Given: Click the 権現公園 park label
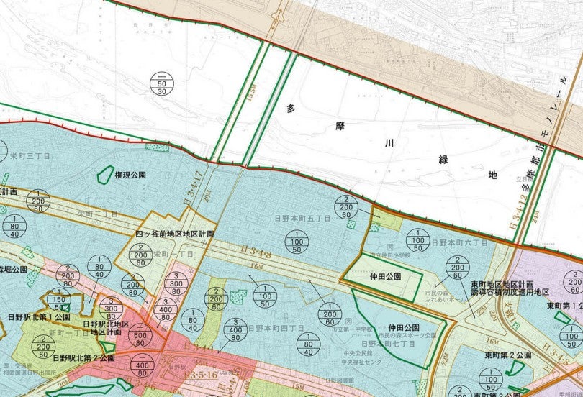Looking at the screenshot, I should pyautogui.click(x=130, y=175).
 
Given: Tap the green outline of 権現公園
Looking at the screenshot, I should pyautogui.click(x=105, y=173).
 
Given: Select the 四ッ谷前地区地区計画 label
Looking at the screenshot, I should pyautogui.click(x=175, y=234).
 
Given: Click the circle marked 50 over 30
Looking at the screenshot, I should pyautogui.click(x=162, y=83).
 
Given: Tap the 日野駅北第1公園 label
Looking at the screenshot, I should pyautogui.click(x=39, y=316).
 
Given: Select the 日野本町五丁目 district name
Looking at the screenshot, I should pyautogui.click(x=302, y=217).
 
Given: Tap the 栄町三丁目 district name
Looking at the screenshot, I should pyautogui.click(x=30, y=155).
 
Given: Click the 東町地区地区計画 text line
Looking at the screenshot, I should pyautogui.click(x=510, y=283).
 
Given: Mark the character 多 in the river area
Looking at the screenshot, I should pyautogui.click(x=291, y=109).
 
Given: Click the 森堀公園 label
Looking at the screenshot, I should pyautogui.click(x=13, y=269).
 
